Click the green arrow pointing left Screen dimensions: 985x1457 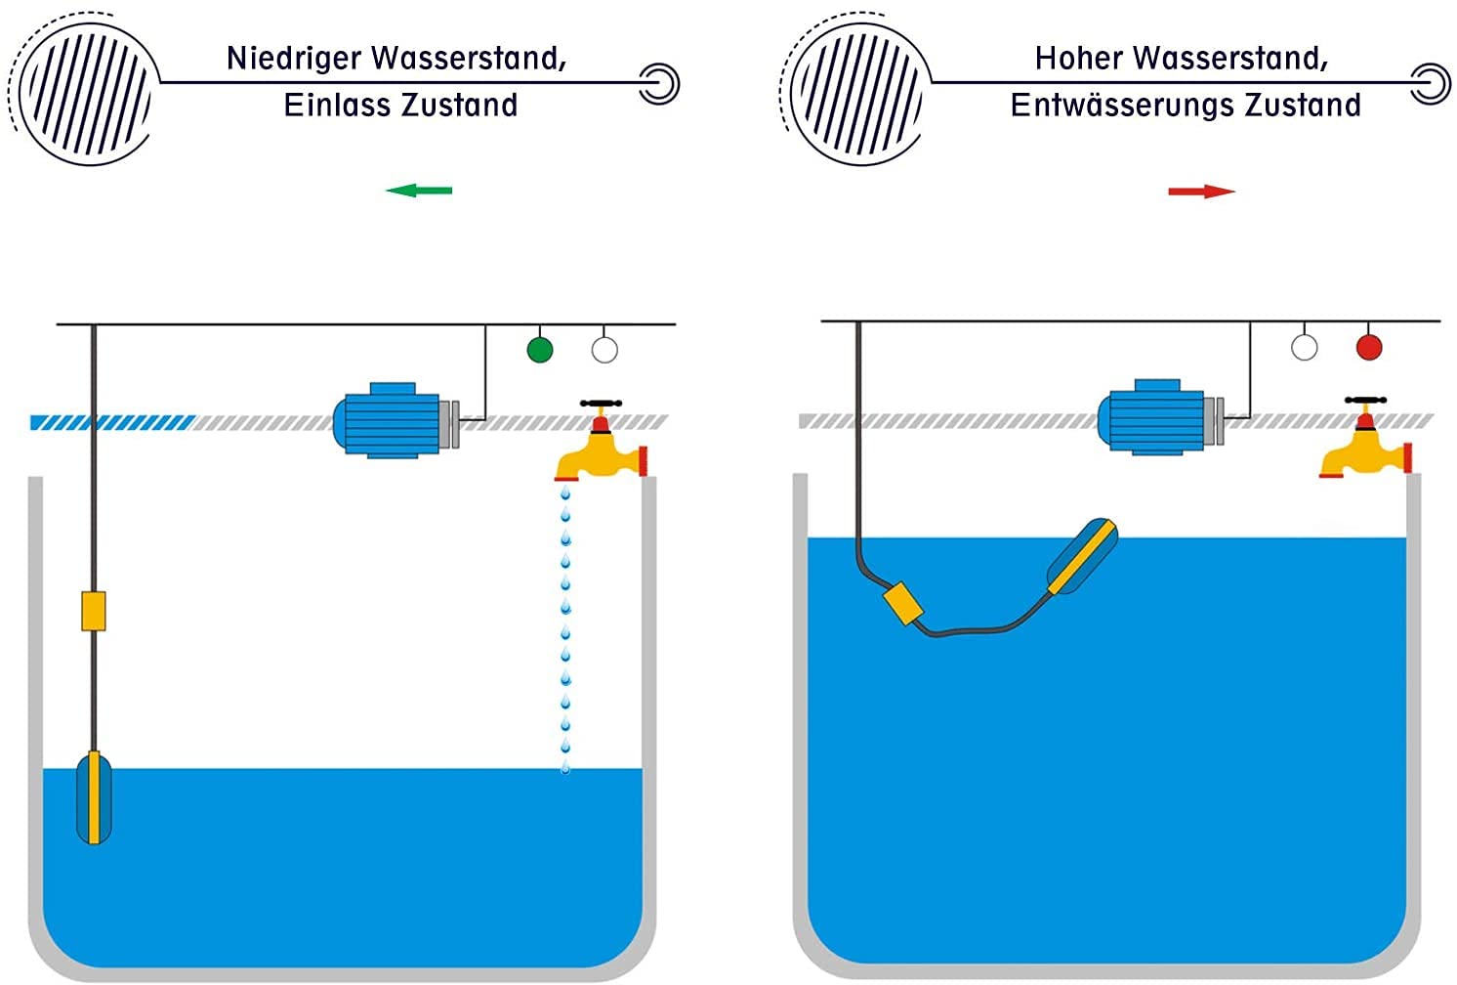(419, 190)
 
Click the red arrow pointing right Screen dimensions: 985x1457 (1202, 192)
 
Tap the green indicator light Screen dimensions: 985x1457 (540, 350)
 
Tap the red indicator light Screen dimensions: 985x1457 (1369, 347)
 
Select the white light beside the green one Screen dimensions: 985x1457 (604, 350)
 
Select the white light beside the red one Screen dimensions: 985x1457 (1304, 347)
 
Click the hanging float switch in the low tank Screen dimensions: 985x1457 (94, 797)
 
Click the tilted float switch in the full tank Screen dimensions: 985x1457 (1082, 557)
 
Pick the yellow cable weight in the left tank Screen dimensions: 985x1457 (93, 611)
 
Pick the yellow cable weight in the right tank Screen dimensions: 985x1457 (902, 605)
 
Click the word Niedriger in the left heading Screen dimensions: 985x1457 (293, 60)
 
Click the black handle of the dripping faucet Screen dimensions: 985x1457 (601, 403)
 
